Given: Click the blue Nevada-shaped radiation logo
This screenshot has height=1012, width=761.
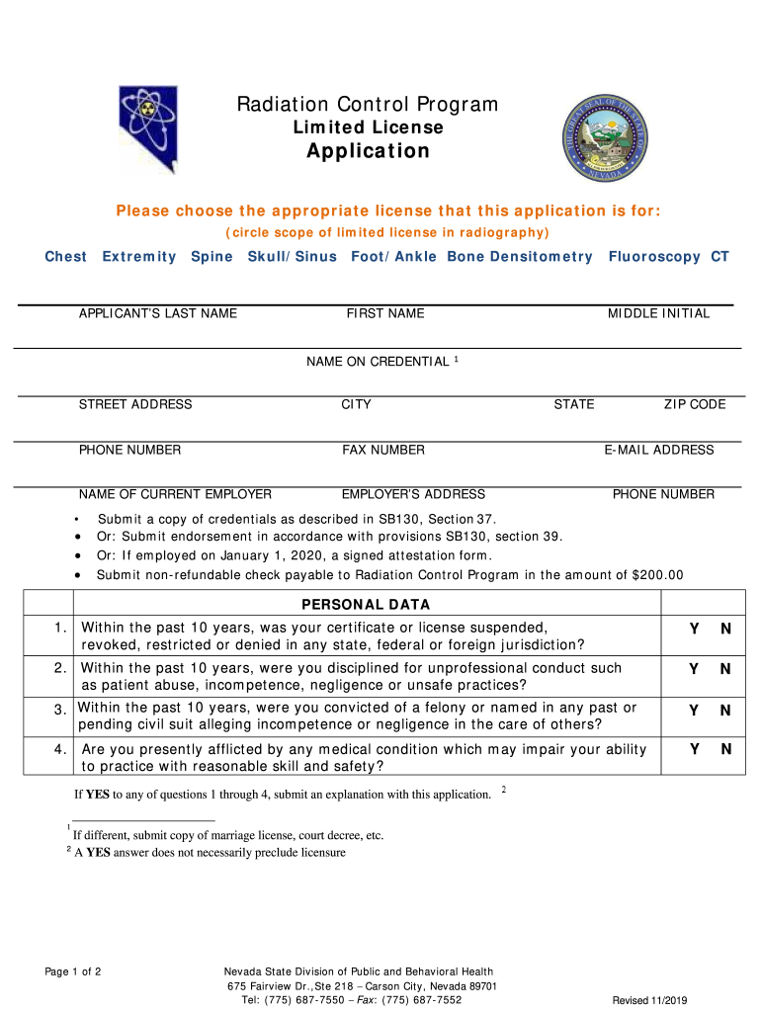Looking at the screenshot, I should click(148, 127).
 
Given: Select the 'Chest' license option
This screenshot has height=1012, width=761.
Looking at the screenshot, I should click(66, 257).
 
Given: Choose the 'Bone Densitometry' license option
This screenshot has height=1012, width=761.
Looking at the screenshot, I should click(520, 257).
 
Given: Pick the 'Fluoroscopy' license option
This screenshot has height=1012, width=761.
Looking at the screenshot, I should click(654, 257).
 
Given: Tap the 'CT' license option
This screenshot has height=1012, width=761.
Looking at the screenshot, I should click(719, 257).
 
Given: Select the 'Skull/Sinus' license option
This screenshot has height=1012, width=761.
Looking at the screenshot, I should click(292, 257).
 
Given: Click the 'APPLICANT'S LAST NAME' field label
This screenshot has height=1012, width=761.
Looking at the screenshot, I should click(158, 313).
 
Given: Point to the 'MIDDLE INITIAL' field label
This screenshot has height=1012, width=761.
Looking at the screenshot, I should click(658, 313).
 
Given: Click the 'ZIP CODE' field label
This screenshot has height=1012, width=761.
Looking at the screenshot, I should click(694, 404).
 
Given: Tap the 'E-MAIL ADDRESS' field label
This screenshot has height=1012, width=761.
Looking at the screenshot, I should click(659, 450).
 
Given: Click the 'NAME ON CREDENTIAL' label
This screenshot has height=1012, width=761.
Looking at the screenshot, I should click(378, 362).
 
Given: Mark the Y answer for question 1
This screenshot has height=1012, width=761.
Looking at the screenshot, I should click(694, 630).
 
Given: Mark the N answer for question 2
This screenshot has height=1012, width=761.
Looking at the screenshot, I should click(725, 669).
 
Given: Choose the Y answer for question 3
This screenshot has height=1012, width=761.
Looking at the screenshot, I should click(694, 711).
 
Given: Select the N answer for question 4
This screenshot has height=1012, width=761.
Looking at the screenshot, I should click(725, 749).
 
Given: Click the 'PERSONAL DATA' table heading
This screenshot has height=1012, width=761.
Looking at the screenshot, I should click(366, 605).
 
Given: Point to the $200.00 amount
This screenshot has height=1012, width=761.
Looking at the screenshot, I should click(657, 575).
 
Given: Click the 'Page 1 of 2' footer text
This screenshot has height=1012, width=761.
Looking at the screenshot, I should click(73, 972).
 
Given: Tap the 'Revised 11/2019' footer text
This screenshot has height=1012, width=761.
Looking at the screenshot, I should click(649, 1000).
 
